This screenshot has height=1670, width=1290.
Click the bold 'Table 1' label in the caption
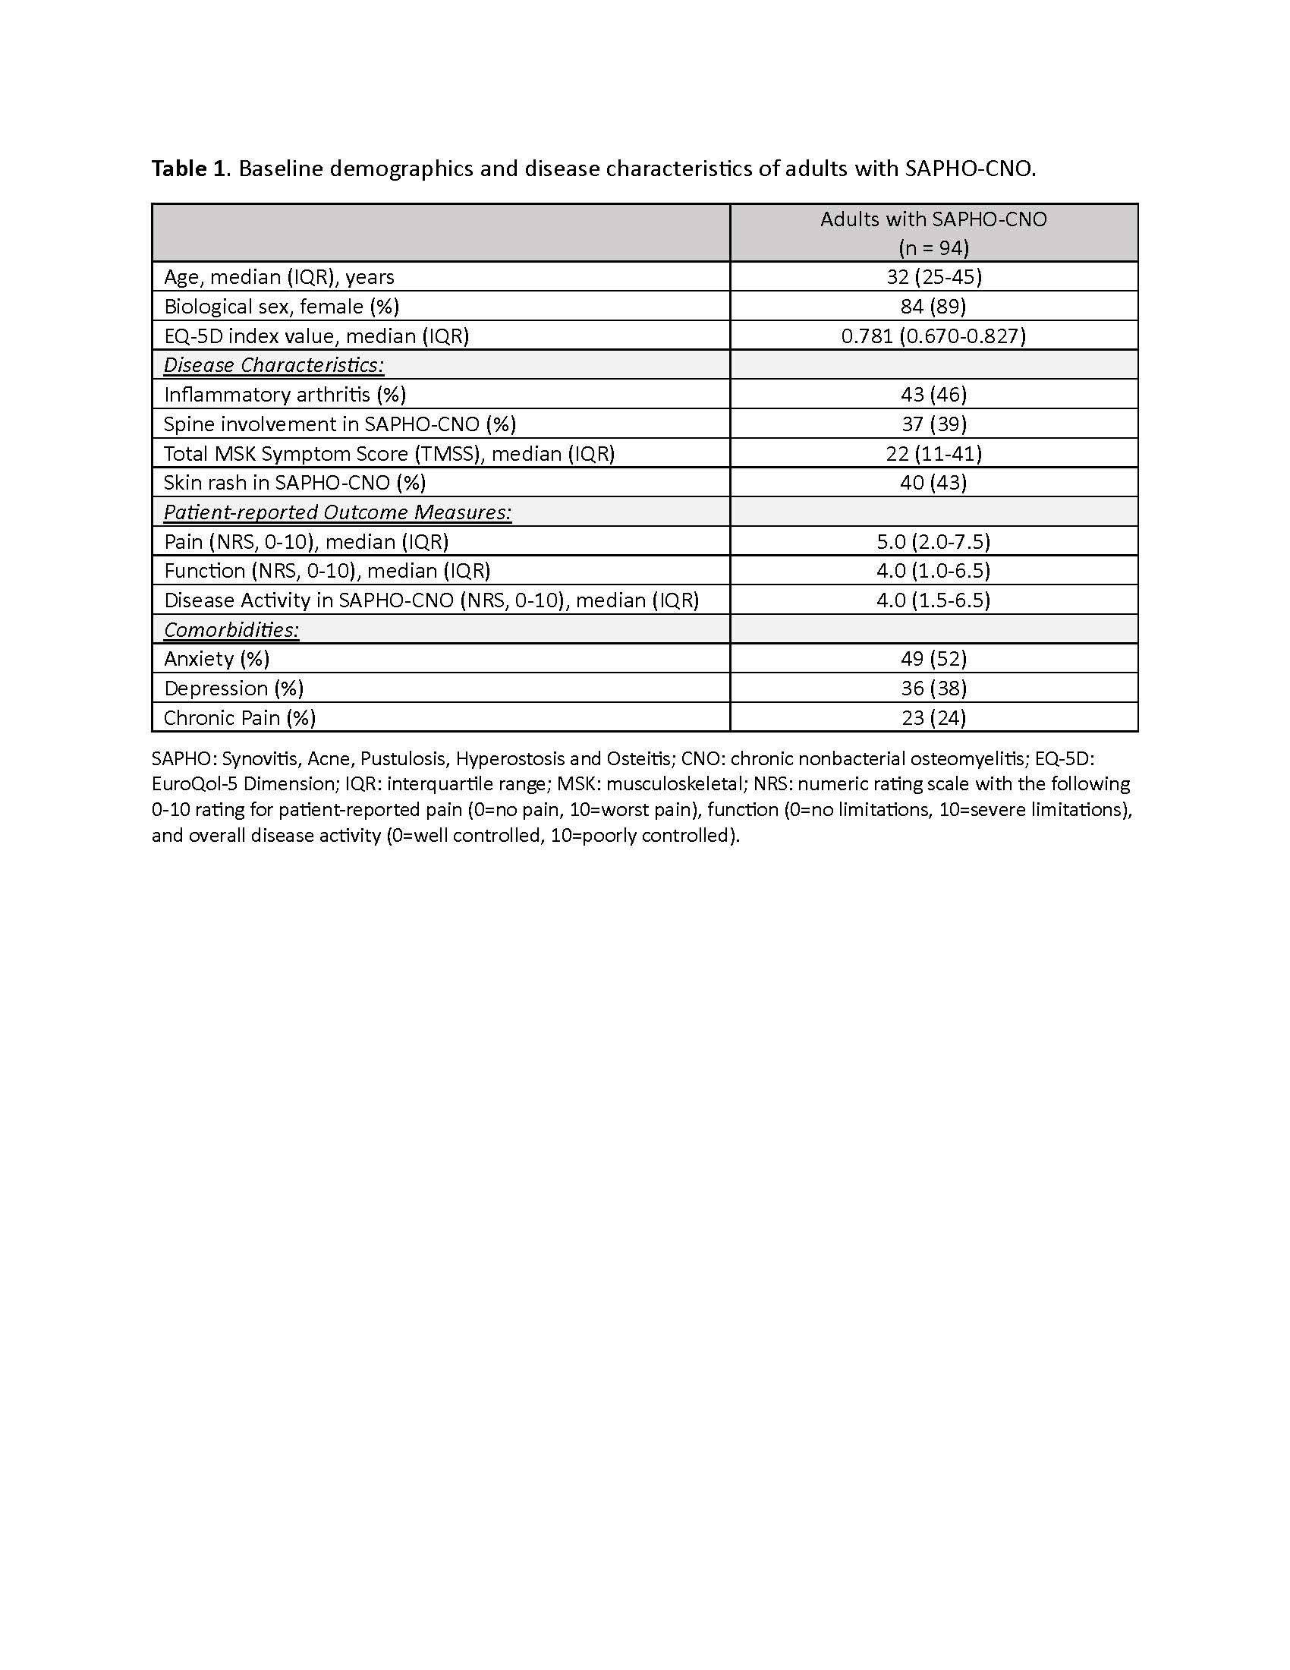point(189,169)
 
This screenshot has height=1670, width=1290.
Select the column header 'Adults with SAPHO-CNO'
point(933,219)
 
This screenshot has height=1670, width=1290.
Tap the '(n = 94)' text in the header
point(933,247)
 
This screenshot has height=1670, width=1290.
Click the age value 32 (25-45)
point(934,277)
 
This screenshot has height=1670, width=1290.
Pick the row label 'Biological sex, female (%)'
point(282,307)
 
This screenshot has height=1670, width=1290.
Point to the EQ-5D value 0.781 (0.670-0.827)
point(933,336)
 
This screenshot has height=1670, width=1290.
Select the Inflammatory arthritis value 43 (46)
point(933,395)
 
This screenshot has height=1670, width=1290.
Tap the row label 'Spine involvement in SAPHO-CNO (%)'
point(339,424)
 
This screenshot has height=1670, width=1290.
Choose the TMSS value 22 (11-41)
point(933,453)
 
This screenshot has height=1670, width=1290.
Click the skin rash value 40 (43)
point(933,483)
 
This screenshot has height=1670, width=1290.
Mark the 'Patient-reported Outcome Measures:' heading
point(337,512)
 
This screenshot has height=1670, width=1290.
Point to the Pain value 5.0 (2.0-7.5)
point(933,541)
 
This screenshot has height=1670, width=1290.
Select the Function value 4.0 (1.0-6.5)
point(933,570)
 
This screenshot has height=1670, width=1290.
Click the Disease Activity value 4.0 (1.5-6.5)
point(933,600)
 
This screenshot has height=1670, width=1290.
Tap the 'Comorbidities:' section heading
point(231,630)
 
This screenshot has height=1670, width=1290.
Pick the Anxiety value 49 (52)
point(933,658)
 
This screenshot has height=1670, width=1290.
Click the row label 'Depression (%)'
point(234,688)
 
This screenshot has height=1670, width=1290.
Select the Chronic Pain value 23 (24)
point(933,717)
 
